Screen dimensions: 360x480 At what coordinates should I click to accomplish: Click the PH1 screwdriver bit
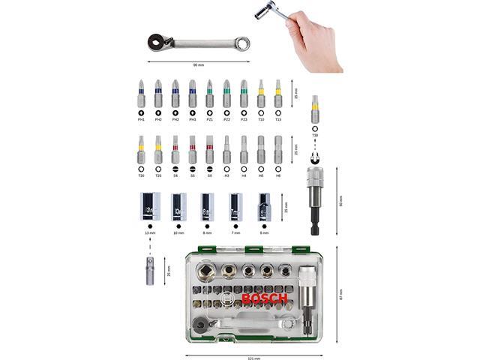pyautogui.click(x=141, y=94)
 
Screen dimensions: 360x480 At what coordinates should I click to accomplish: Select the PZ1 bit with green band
pyautogui.click(x=209, y=94)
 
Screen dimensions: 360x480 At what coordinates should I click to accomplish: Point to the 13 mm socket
pyautogui.click(x=149, y=206)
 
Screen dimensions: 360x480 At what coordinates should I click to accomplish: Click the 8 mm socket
pyautogui.click(x=207, y=206)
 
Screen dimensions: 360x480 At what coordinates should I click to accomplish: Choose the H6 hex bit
pyautogui.click(x=277, y=149)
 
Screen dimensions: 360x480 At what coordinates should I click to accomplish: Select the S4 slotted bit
pyautogui.click(x=175, y=149)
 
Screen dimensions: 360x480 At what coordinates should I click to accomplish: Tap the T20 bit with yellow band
pyautogui.click(x=141, y=149)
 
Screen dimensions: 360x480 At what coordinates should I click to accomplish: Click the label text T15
pyautogui.click(x=277, y=119)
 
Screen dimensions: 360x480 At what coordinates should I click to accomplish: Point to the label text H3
pyautogui.click(x=226, y=175)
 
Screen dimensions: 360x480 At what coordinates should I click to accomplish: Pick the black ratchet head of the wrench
pyautogui.click(x=158, y=43)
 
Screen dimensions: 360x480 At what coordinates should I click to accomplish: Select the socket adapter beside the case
pyautogui.click(x=149, y=270)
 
